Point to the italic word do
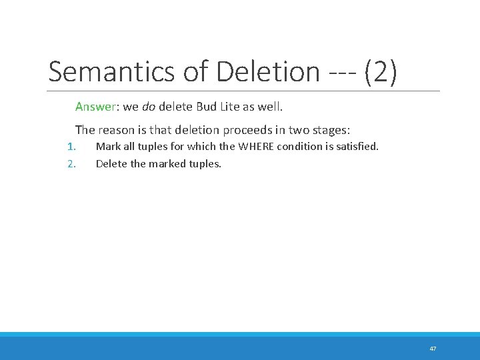point(148,107)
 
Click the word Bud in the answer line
point(208,107)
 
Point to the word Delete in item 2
point(111,163)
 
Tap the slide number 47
point(433,349)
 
